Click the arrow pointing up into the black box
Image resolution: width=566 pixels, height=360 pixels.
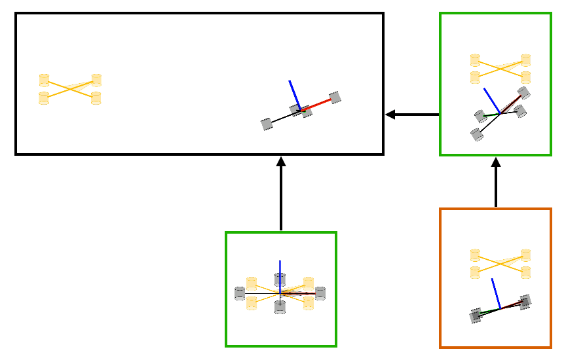[x=281, y=194]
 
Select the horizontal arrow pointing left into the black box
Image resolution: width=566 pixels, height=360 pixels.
[x=412, y=115]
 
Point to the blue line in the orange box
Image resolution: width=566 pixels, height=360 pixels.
[x=497, y=294]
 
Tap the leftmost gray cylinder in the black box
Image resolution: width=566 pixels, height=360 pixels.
[x=267, y=124]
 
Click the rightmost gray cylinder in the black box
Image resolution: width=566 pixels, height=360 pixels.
[x=335, y=98]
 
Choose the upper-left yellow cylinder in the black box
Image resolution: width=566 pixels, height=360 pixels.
[x=45, y=80]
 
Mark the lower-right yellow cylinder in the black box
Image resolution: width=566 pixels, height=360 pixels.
[x=96, y=98]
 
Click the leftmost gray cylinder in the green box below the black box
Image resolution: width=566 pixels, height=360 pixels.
[x=240, y=293]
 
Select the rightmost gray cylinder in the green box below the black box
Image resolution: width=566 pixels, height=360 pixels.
[x=320, y=293]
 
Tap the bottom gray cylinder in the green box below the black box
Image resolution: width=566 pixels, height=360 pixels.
[x=280, y=308]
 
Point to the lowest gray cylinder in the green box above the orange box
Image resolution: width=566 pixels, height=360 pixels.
[x=476, y=135]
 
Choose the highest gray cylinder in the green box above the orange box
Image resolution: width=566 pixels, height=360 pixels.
[x=523, y=93]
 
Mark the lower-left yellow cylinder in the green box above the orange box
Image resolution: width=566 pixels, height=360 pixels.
[x=476, y=78]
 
